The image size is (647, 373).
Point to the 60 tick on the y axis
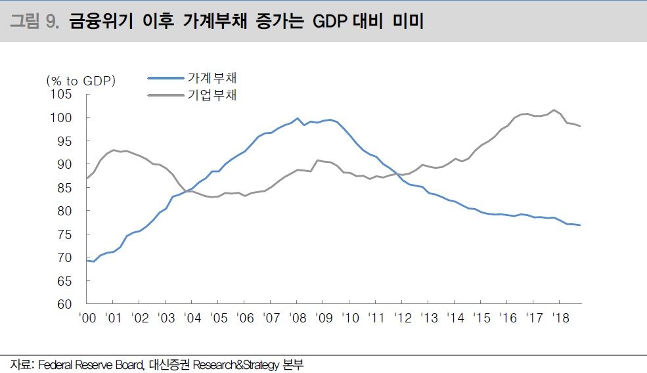(65, 304)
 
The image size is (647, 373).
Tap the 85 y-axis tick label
(65, 187)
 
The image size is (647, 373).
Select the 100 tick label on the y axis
(62, 118)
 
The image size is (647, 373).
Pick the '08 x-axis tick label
(297, 318)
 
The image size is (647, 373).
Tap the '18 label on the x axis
(560, 318)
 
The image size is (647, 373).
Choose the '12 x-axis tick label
(402, 318)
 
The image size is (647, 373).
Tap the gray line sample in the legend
(165, 95)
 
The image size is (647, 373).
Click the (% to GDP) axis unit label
(81, 81)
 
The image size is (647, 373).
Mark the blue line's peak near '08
(298, 118)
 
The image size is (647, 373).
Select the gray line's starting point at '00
(87, 178)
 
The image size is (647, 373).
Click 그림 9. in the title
(35, 22)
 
